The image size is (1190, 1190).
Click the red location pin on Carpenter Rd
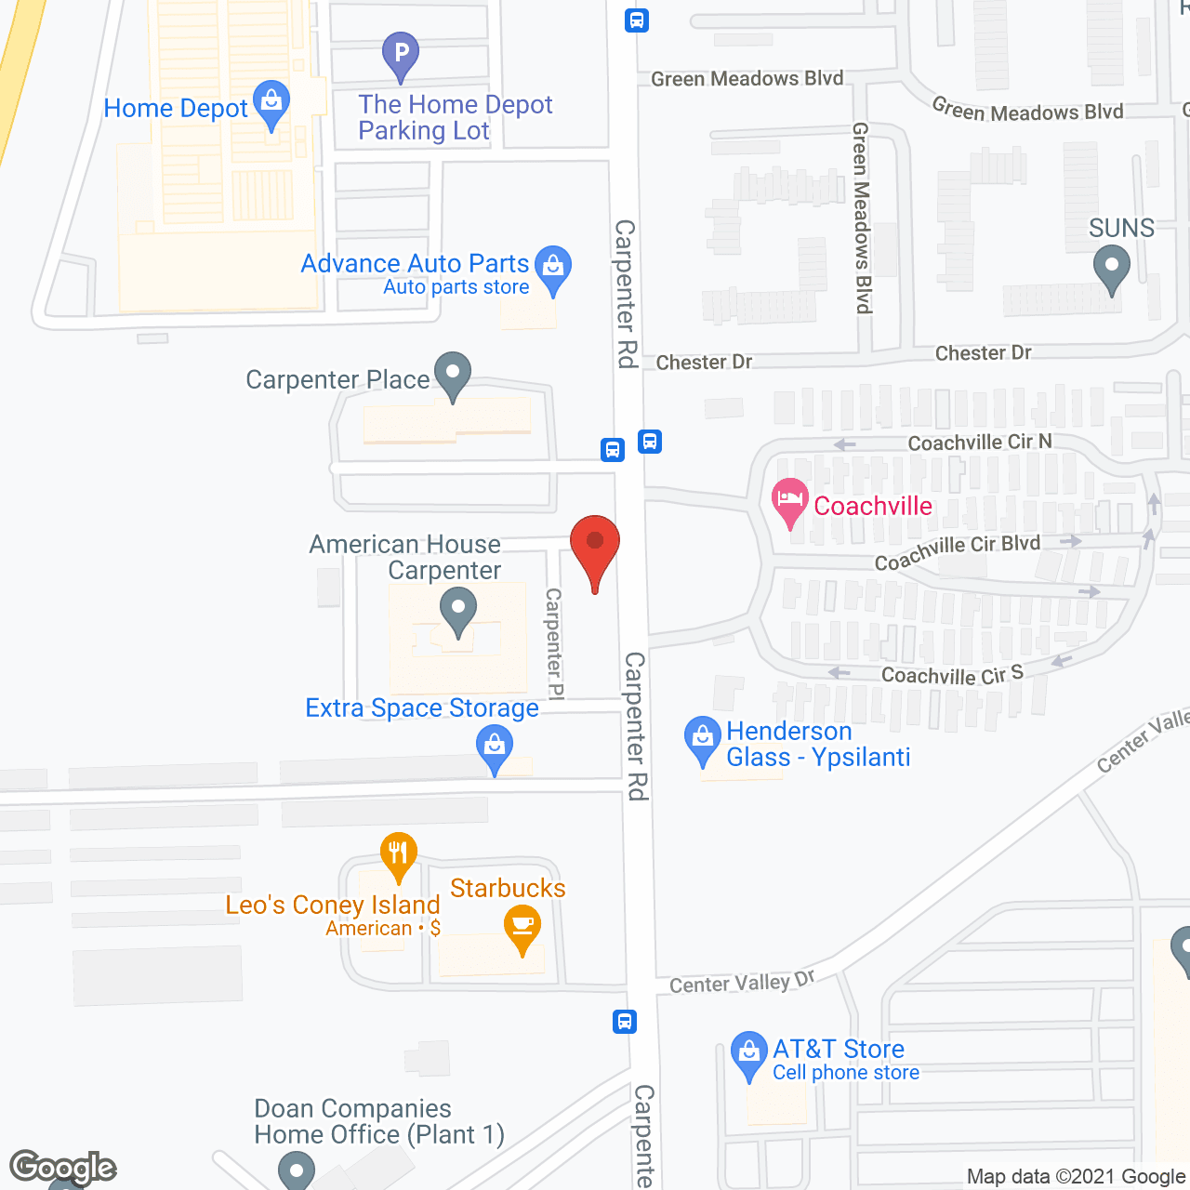[595, 545]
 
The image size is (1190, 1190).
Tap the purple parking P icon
[401, 54]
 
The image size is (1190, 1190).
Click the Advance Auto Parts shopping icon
[553, 268]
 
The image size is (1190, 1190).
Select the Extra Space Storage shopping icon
[495, 747]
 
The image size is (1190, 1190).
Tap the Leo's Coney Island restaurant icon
[398, 853]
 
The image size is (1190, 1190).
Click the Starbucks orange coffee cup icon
[522, 927]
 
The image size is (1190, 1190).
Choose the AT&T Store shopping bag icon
[748, 1054]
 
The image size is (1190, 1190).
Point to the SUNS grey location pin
[1111, 267]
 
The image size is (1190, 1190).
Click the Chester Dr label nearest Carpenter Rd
[704, 363]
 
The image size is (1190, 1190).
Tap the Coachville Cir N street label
[980, 443]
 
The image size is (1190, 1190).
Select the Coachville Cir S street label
[951, 675]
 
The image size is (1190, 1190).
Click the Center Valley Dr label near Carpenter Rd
[741, 983]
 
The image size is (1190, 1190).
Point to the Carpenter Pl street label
[554, 643]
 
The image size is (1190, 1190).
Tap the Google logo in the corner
[63, 1168]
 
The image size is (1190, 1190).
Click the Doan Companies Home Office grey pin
[297, 1168]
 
